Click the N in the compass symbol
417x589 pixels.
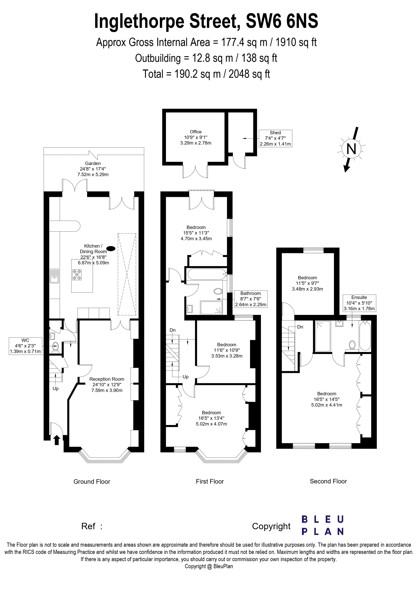(x=351, y=149)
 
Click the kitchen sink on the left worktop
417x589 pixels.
(x=54, y=276)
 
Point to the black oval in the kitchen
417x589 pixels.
(x=111, y=248)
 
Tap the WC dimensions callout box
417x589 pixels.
(x=25, y=346)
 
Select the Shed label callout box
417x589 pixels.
(x=275, y=138)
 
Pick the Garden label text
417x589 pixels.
(x=93, y=163)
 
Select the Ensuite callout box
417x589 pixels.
(x=359, y=303)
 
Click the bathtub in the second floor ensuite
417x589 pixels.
(x=365, y=336)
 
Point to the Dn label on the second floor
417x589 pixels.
(x=300, y=327)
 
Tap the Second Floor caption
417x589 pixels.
(x=328, y=481)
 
